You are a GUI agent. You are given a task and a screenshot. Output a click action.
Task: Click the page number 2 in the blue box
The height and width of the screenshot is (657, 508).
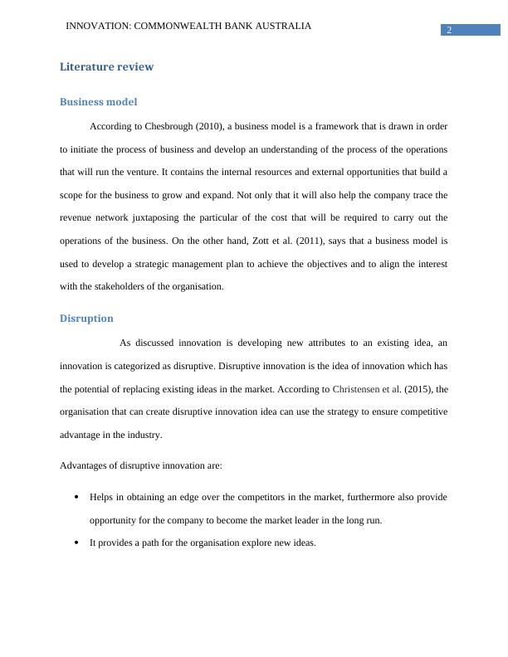coord(449,31)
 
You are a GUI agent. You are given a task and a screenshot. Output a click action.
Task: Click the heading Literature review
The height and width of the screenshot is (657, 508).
coord(106,67)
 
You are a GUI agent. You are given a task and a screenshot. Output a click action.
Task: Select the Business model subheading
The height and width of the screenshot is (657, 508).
coord(98,102)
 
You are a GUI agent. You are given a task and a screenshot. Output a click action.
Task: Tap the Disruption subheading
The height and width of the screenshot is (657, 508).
coord(86,319)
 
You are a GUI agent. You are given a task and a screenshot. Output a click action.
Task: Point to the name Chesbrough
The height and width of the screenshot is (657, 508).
coord(169,127)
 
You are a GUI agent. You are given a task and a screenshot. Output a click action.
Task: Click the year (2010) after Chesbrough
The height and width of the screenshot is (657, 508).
coord(209,127)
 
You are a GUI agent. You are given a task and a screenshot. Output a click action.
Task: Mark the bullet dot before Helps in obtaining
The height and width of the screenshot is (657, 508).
coord(76,498)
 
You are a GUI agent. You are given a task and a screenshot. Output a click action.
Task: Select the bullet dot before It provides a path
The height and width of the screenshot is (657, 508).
coord(76,544)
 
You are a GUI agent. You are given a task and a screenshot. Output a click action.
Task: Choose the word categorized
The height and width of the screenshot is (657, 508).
coord(129,366)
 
